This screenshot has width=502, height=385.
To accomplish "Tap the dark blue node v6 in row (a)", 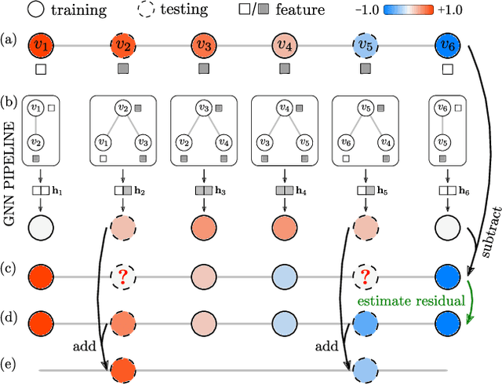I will [x=447, y=45].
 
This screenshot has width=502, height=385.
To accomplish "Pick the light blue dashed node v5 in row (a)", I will [x=366, y=45].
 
